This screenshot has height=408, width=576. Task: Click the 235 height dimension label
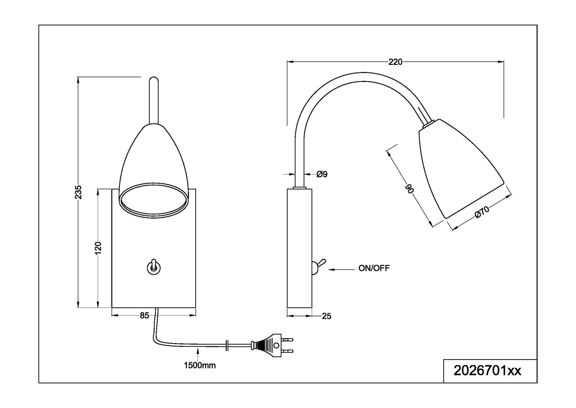tap(78, 192)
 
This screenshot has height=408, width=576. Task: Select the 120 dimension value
tap(98, 248)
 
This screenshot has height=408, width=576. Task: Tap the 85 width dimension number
tap(144, 316)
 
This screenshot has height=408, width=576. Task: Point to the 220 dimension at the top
tap(395, 62)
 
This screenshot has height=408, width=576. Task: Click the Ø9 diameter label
tap(322, 174)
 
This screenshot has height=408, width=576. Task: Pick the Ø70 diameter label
tap(482, 212)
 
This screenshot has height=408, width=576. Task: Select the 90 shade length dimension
tap(409, 188)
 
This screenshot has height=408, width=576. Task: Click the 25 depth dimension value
tap(326, 316)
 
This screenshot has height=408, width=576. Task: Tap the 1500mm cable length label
tap(200, 365)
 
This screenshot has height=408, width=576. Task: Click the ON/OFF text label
tap(374, 269)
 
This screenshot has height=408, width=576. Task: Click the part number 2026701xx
tap(487, 370)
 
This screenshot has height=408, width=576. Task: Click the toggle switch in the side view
tap(318, 266)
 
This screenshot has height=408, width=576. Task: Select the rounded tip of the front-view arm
tap(153, 80)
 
